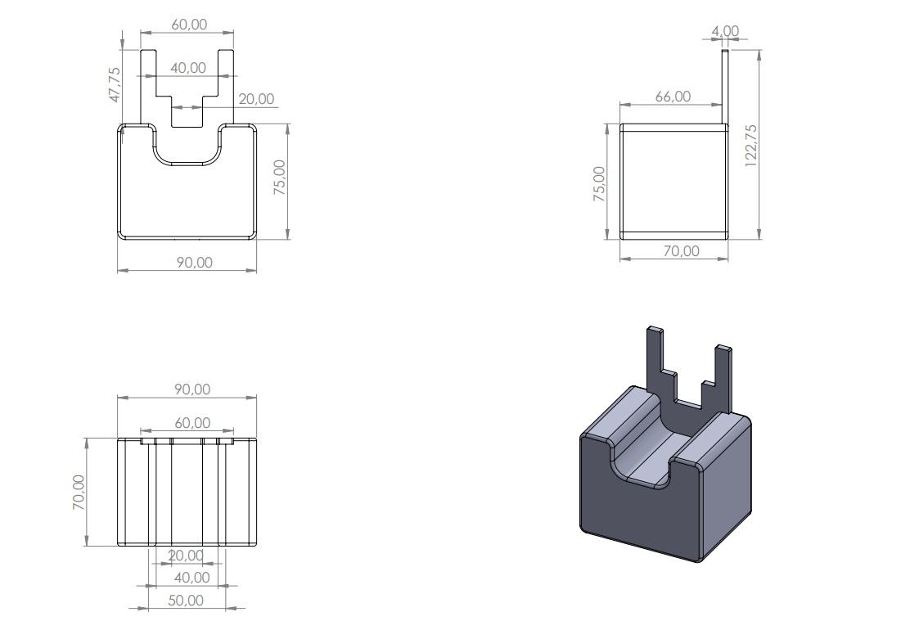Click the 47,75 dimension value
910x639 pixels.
click(115, 85)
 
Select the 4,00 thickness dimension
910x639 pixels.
click(725, 31)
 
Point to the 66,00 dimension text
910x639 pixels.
click(673, 97)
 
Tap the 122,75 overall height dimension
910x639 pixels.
click(751, 146)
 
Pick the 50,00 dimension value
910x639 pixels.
click(186, 600)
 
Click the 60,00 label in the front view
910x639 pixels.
click(189, 25)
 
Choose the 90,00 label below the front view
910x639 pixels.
click(195, 263)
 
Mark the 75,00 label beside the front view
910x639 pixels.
click(280, 177)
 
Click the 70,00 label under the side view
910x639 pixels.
click(682, 250)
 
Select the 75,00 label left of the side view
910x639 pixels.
click(599, 184)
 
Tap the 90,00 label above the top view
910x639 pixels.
click(192, 389)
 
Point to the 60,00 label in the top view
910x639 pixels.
click(192, 422)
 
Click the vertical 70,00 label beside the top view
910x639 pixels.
click(79, 493)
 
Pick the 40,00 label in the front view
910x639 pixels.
click(188, 68)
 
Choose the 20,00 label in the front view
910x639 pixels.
click(256, 99)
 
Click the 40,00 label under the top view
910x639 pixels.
click(191, 578)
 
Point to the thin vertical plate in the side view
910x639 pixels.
click(725, 87)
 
